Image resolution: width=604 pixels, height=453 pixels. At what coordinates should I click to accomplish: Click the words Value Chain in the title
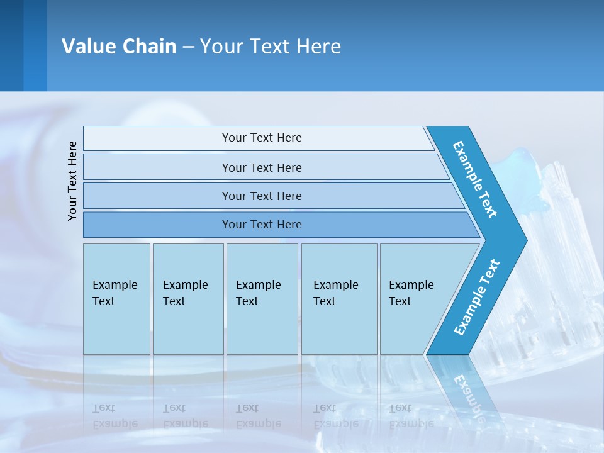point(119,46)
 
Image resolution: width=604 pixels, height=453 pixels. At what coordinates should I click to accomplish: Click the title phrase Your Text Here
point(271,46)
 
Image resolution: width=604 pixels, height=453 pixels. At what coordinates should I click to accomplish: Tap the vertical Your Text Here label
point(72,181)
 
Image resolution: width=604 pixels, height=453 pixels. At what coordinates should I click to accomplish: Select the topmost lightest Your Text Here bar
point(261,138)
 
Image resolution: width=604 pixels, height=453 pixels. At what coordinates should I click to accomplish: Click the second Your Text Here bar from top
point(261,167)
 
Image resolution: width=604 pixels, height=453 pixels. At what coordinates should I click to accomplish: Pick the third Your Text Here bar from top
point(261,196)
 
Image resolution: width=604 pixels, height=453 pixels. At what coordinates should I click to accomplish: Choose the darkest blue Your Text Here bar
point(261,225)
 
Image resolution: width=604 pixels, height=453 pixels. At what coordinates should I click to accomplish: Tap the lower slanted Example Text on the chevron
point(477,297)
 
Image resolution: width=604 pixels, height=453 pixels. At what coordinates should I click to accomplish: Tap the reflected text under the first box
point(115,415)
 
